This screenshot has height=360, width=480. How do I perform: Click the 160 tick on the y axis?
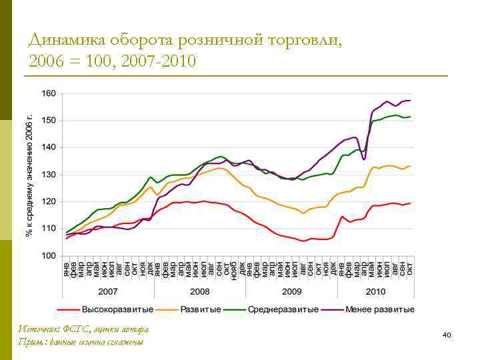coord(49,93)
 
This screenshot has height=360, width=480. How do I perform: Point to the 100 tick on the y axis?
coord(49,255)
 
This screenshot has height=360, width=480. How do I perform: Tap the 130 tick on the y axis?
coord(49,175)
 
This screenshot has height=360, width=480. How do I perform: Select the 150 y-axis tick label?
coord(49,121)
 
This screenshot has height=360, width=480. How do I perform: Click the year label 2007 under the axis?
coord(109,291)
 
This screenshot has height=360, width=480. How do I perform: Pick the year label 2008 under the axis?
coord(199,291)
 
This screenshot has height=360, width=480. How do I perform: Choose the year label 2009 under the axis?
coord(291,291)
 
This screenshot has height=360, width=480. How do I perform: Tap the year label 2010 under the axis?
coord(375,291)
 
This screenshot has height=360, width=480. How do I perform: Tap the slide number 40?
coord(447,334)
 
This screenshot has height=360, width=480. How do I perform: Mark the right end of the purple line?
coord(411,101)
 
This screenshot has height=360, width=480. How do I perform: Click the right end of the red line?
coord(411,203)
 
